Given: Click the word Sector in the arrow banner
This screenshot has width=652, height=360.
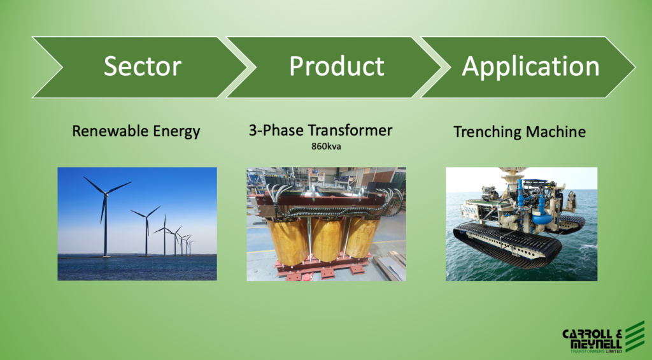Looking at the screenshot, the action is tap(143, 66).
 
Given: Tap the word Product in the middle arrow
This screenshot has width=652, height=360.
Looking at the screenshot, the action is tap(337, 66).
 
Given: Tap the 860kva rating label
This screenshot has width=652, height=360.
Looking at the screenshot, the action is tap(326, 147).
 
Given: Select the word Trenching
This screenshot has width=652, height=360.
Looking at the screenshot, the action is tap(487, 133).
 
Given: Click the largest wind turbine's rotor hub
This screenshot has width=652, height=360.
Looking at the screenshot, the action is tap(106, 193).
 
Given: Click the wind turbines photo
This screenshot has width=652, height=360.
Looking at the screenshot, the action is tap(138, 224).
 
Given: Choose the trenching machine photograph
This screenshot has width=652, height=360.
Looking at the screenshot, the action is tap(521, 224).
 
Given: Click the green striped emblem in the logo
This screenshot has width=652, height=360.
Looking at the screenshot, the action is tap(635, 336).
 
